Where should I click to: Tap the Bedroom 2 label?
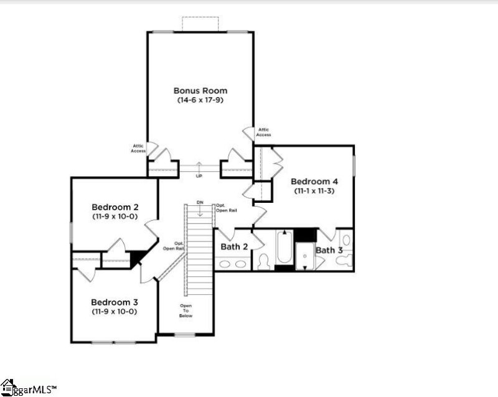(x=115, y=207)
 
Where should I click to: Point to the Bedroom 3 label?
(x=115, y=301)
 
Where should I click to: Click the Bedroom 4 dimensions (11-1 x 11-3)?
(x=314, y=191)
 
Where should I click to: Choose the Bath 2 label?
(x=235, y=247)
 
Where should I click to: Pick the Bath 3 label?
(x=329, y=250)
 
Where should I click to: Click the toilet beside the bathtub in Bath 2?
(x=263, y=261)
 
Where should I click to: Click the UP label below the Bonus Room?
(x=199, y=176)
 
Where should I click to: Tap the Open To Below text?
(x=186, y=311)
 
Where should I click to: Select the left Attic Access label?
(x=138, y=148)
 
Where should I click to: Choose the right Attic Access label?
(x=263, y=132)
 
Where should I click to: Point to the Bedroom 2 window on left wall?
(x=71, y=234)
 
